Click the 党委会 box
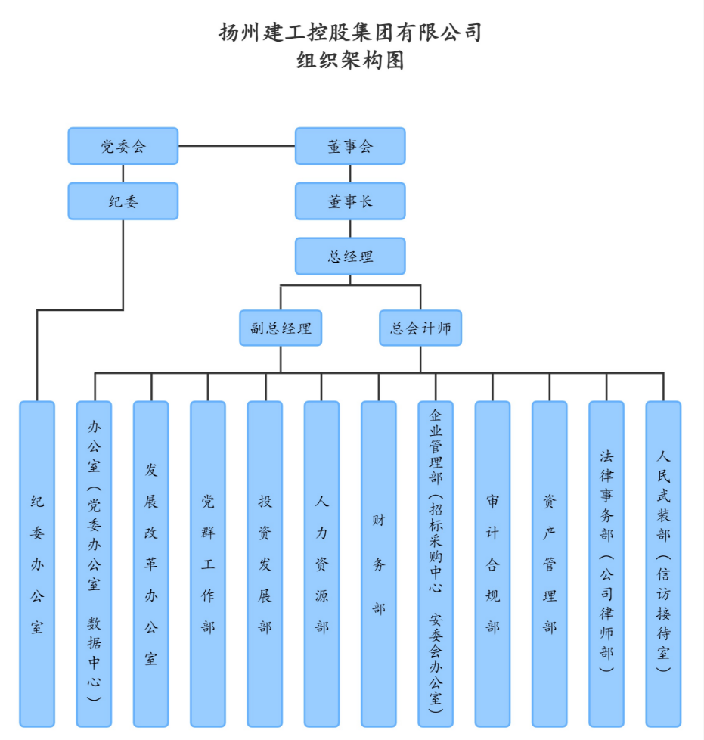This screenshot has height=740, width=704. pos(123,146)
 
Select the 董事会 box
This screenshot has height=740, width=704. pos(350,146)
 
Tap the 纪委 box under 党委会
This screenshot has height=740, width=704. pos(123,201)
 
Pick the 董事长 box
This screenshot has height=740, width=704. pos(350,201)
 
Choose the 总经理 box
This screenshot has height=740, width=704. pos(350,257)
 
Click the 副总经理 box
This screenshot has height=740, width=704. pos(281,328)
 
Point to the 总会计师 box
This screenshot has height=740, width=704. pos(420,328)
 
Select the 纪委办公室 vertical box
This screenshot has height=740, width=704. pos(37,564)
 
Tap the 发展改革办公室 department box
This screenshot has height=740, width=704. pos(151,564)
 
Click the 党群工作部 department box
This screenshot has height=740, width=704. pos(208,564)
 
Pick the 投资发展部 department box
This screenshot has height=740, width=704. pos(265,564)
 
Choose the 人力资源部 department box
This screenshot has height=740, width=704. pos(321,564)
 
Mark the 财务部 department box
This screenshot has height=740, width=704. pos(378,564)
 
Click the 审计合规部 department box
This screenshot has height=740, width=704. pos(492,564)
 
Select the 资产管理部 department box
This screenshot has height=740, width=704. pos(549,564)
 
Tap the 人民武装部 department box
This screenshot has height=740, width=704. pos(663,564)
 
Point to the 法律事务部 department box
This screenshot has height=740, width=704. pos(606,564)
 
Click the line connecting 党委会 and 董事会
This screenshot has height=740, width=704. pos(236,145)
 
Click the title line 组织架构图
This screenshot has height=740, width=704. pos(350,60)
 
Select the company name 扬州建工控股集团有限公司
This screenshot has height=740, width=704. pos(350,33)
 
